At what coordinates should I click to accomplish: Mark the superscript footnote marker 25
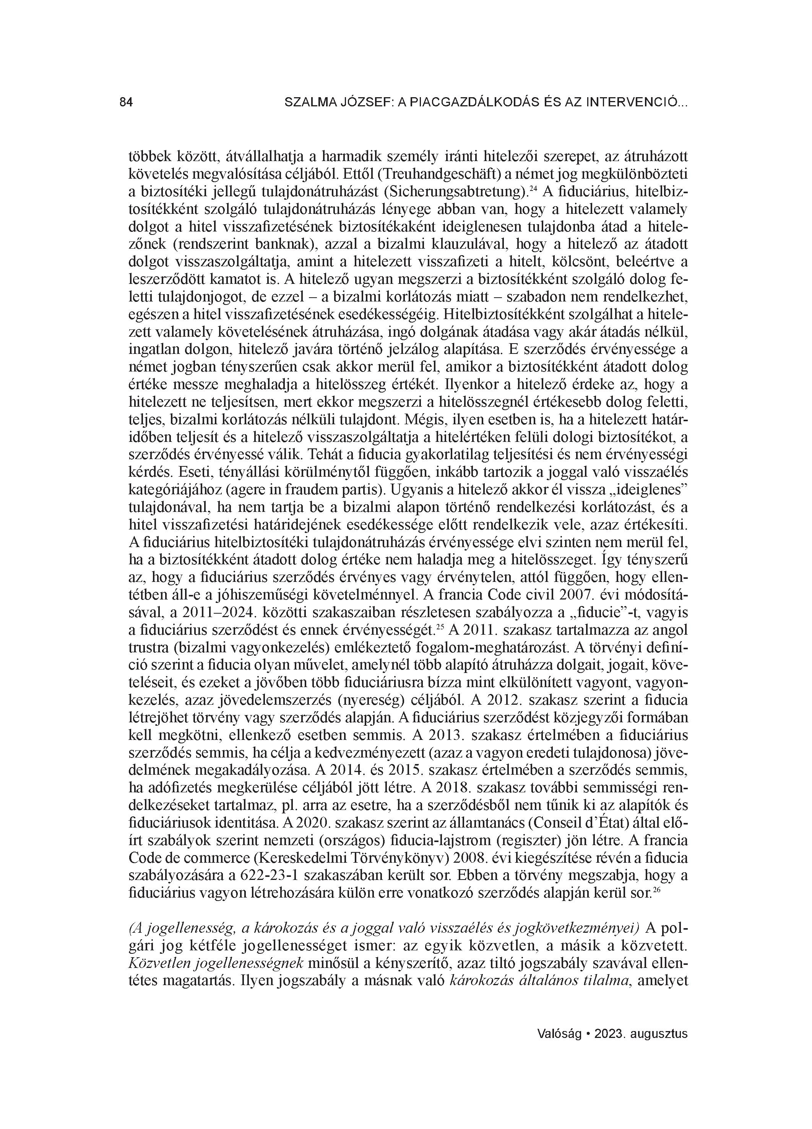439,627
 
